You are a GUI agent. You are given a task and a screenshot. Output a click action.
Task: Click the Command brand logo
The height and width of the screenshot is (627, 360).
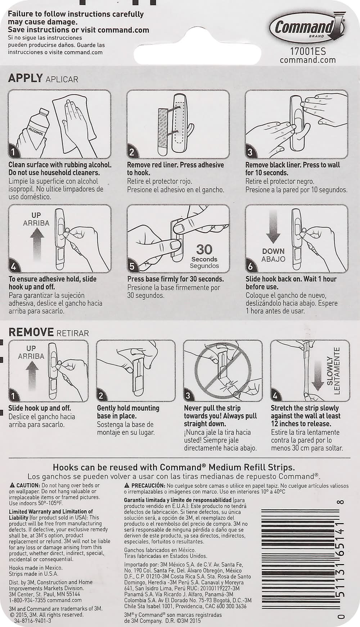[x=308, y=27]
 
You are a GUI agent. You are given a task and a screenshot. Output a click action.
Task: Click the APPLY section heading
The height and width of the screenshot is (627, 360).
[x=26, y=78]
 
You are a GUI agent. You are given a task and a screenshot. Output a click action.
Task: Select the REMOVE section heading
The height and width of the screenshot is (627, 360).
[x=31, y=332]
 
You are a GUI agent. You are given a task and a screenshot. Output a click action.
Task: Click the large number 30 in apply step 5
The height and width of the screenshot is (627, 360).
[x=204, y=249]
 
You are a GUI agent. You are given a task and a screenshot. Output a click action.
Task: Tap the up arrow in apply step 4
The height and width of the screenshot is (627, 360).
[x=36, y=245]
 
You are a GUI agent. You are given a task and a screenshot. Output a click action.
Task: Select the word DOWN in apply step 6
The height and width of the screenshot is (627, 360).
[x=273, y=251]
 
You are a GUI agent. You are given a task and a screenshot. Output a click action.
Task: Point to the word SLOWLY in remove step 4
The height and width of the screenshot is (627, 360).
[x=330, y=371]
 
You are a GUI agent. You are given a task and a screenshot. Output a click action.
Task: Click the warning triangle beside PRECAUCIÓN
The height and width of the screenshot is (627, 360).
[x=127, y=486]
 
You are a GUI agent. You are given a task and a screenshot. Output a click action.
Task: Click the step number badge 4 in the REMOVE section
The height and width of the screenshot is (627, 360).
[x=275, y=396]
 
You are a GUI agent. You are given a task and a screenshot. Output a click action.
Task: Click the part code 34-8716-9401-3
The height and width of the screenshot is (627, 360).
[x=32, y=621]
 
